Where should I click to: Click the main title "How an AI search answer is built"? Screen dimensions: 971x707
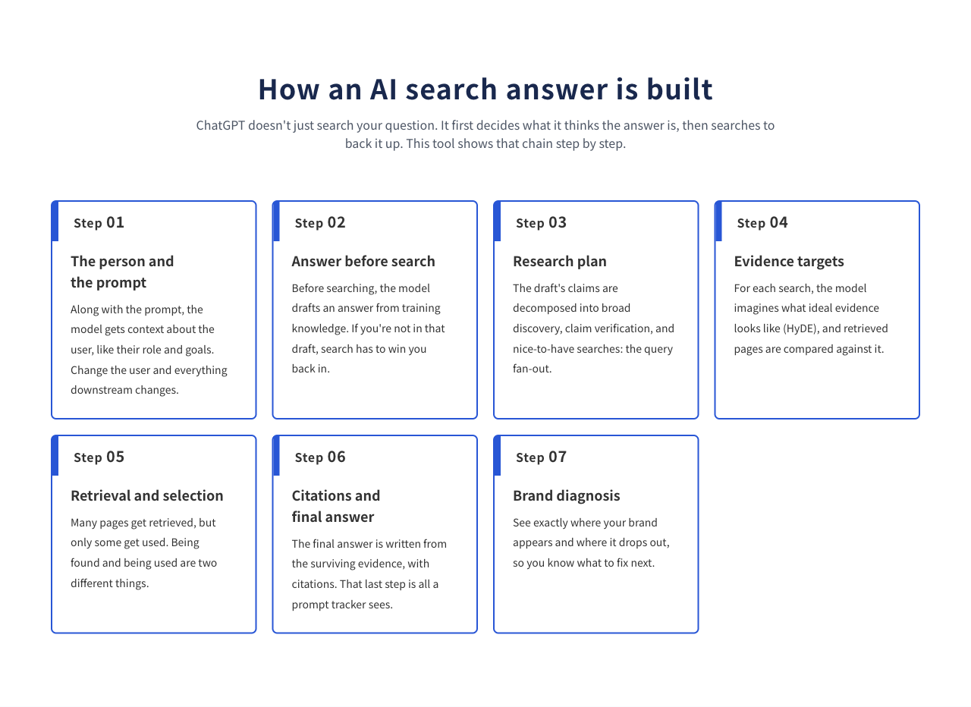(485, 90)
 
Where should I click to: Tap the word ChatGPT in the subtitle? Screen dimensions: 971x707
(221, 125)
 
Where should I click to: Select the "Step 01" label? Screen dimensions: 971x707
(99, 223)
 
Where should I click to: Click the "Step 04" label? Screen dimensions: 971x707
(762, 223)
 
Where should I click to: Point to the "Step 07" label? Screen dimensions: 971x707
(541, 457)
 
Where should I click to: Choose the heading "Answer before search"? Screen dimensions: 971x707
(363, 262)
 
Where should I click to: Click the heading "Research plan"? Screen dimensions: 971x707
(560, 262)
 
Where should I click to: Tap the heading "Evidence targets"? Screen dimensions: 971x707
(789, 262)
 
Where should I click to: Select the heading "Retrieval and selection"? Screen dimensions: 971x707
(147, 495)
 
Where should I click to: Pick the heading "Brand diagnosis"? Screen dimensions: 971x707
(566, 495)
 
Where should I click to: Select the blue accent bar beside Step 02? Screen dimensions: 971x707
(277, 222)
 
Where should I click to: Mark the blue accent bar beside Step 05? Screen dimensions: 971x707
(55, 456)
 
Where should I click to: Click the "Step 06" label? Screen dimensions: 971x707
(320, 457)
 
